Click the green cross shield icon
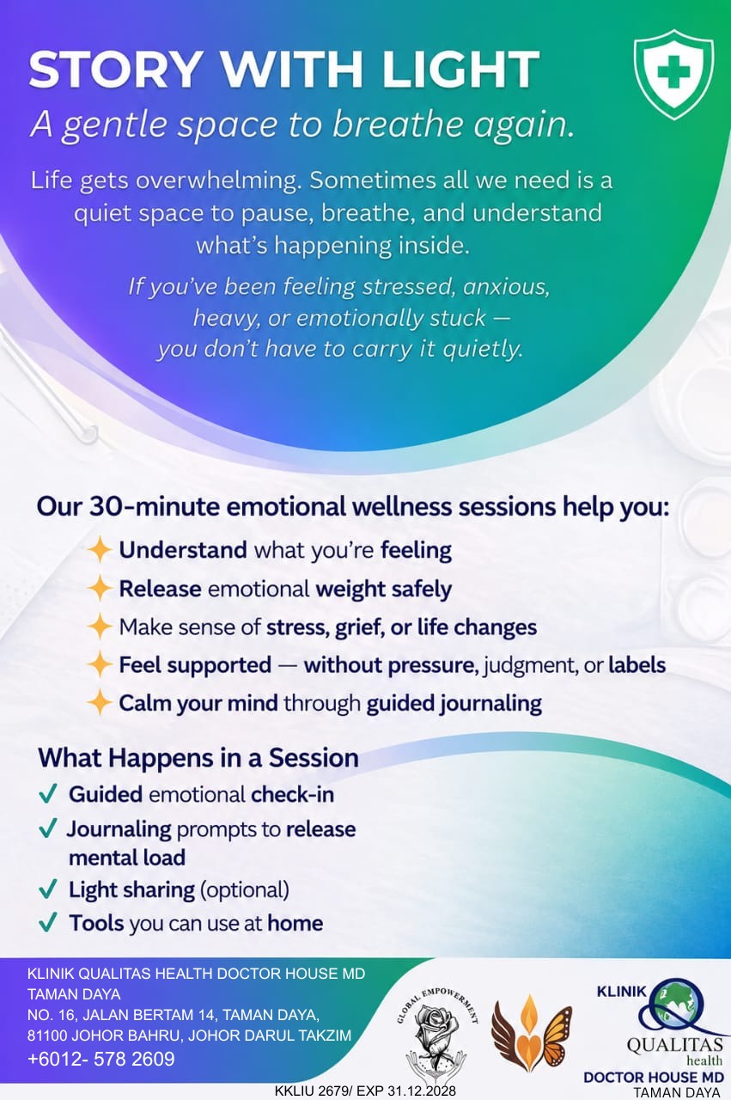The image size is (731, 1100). pos(673,74)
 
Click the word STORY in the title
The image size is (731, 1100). pos(115,70)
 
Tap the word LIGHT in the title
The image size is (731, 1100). pos(460,70)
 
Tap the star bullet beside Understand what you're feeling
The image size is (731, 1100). pos(100,550)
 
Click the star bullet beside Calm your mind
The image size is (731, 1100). pos(100,702)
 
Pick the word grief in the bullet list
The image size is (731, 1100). pos(360,627)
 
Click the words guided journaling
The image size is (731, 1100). pos(454,704)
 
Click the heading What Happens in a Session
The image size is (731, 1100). pos(198,758)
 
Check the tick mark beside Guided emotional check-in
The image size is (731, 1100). pos(47,793)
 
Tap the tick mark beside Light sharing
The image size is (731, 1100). pos(47,889)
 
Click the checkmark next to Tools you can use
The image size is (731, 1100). pos(47,922)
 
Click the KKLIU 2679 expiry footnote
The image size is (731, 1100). pos(365,1091)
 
